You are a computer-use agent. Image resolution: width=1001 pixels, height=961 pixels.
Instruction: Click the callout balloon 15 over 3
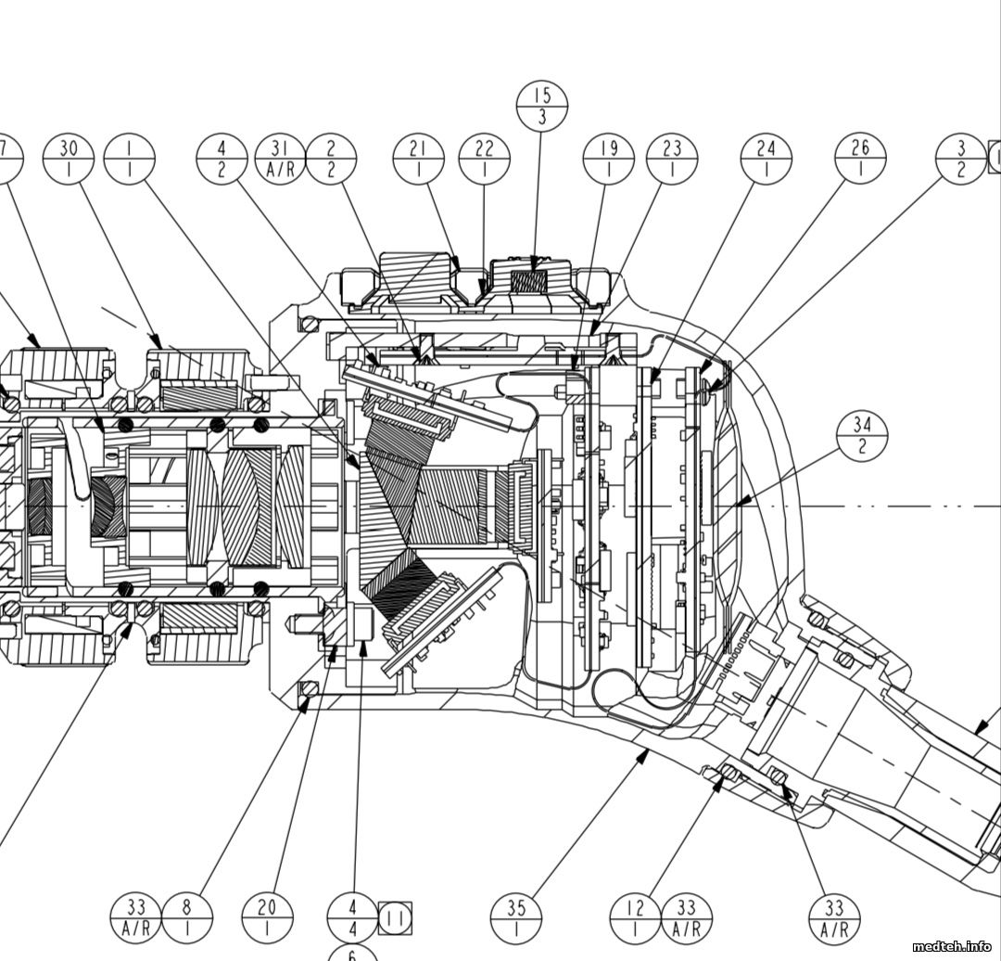(x=541, y=106)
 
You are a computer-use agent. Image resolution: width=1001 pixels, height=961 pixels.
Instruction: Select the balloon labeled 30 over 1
(x=69, y=159)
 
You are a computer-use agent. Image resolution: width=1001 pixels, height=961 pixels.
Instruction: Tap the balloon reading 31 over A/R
(x=280, y=159)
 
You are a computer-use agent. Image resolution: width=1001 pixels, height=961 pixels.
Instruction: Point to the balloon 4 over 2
(x=222, y=159)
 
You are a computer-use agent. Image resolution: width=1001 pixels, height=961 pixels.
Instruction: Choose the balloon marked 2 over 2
(x=331, y=159)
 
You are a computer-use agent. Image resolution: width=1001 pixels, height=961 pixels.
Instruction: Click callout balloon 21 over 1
(x=418, y=159)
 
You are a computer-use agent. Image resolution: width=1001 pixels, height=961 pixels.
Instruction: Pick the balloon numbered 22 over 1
(x=484, y=159)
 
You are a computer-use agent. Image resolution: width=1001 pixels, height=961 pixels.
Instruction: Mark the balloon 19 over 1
(x=608, y=159)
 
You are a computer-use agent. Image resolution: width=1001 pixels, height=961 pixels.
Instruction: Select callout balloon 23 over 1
(x=672, y=159)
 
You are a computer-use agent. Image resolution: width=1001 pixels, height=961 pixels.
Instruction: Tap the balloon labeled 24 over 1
(x=767, y=159)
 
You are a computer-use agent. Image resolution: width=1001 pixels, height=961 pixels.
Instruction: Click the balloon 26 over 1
(x=860, y=159)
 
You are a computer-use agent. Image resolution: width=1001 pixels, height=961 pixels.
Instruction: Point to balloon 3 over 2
(x=961, y=159)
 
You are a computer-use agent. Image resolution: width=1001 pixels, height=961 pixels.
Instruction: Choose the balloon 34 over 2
(x=862, y=435)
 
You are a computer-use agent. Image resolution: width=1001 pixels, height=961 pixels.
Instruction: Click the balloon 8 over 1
(x=187, y=916)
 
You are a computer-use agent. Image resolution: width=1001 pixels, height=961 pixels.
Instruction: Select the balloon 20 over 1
(x=267, y=916)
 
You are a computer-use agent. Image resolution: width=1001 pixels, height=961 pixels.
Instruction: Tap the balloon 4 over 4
(x=352, y=916)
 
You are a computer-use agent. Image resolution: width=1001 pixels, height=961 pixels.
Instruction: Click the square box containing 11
(x=395, y=918)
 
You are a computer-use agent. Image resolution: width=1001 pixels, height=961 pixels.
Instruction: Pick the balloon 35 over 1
(x=515, y=916)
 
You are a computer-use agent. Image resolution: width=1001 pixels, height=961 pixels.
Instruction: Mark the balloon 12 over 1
(x=637, y=916)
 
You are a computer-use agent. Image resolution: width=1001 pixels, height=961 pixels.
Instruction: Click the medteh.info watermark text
(x=951, y=946)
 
